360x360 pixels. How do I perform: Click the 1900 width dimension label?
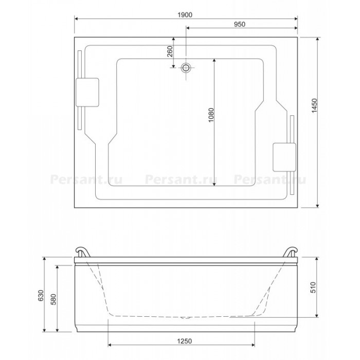pos(185,15)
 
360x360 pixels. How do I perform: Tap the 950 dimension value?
pos(240,24)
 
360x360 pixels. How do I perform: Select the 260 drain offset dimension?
pos(170,51)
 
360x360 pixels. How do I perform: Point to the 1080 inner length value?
pos(211,115)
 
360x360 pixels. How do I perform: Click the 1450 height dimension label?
pos(314,105)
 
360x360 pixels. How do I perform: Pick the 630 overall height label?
pos(41,296)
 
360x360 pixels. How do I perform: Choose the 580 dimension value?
pos(53,299)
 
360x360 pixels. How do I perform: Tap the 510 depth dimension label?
pos(313,287)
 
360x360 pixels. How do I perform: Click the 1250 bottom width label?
pos(184,341)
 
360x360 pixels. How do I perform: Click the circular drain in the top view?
pos(186,67)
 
